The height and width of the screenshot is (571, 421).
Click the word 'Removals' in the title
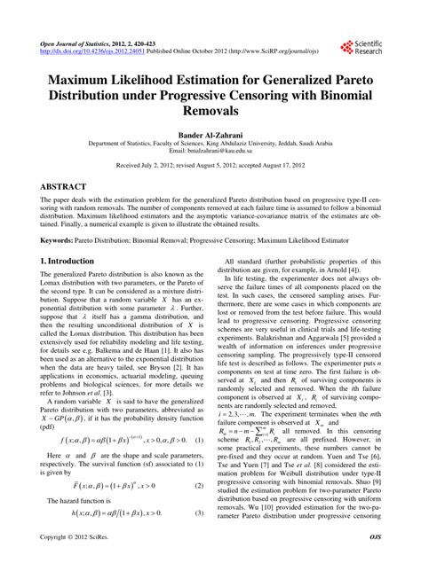point(210,113)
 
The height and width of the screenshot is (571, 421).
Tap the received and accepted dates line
point(210,165)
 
